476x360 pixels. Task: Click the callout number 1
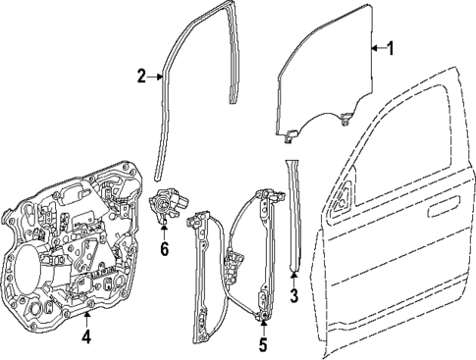tap(390, 48)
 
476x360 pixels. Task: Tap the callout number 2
tap(141, 75)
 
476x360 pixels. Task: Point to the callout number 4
tap(86, 338)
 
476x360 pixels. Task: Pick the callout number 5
tap(262, 343)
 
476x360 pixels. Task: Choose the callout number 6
tap(164, 249)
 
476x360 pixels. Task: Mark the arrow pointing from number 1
tap(375, 48)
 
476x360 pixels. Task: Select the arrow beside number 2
tap(157, 75)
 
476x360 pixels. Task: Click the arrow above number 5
tap(262, 327)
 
